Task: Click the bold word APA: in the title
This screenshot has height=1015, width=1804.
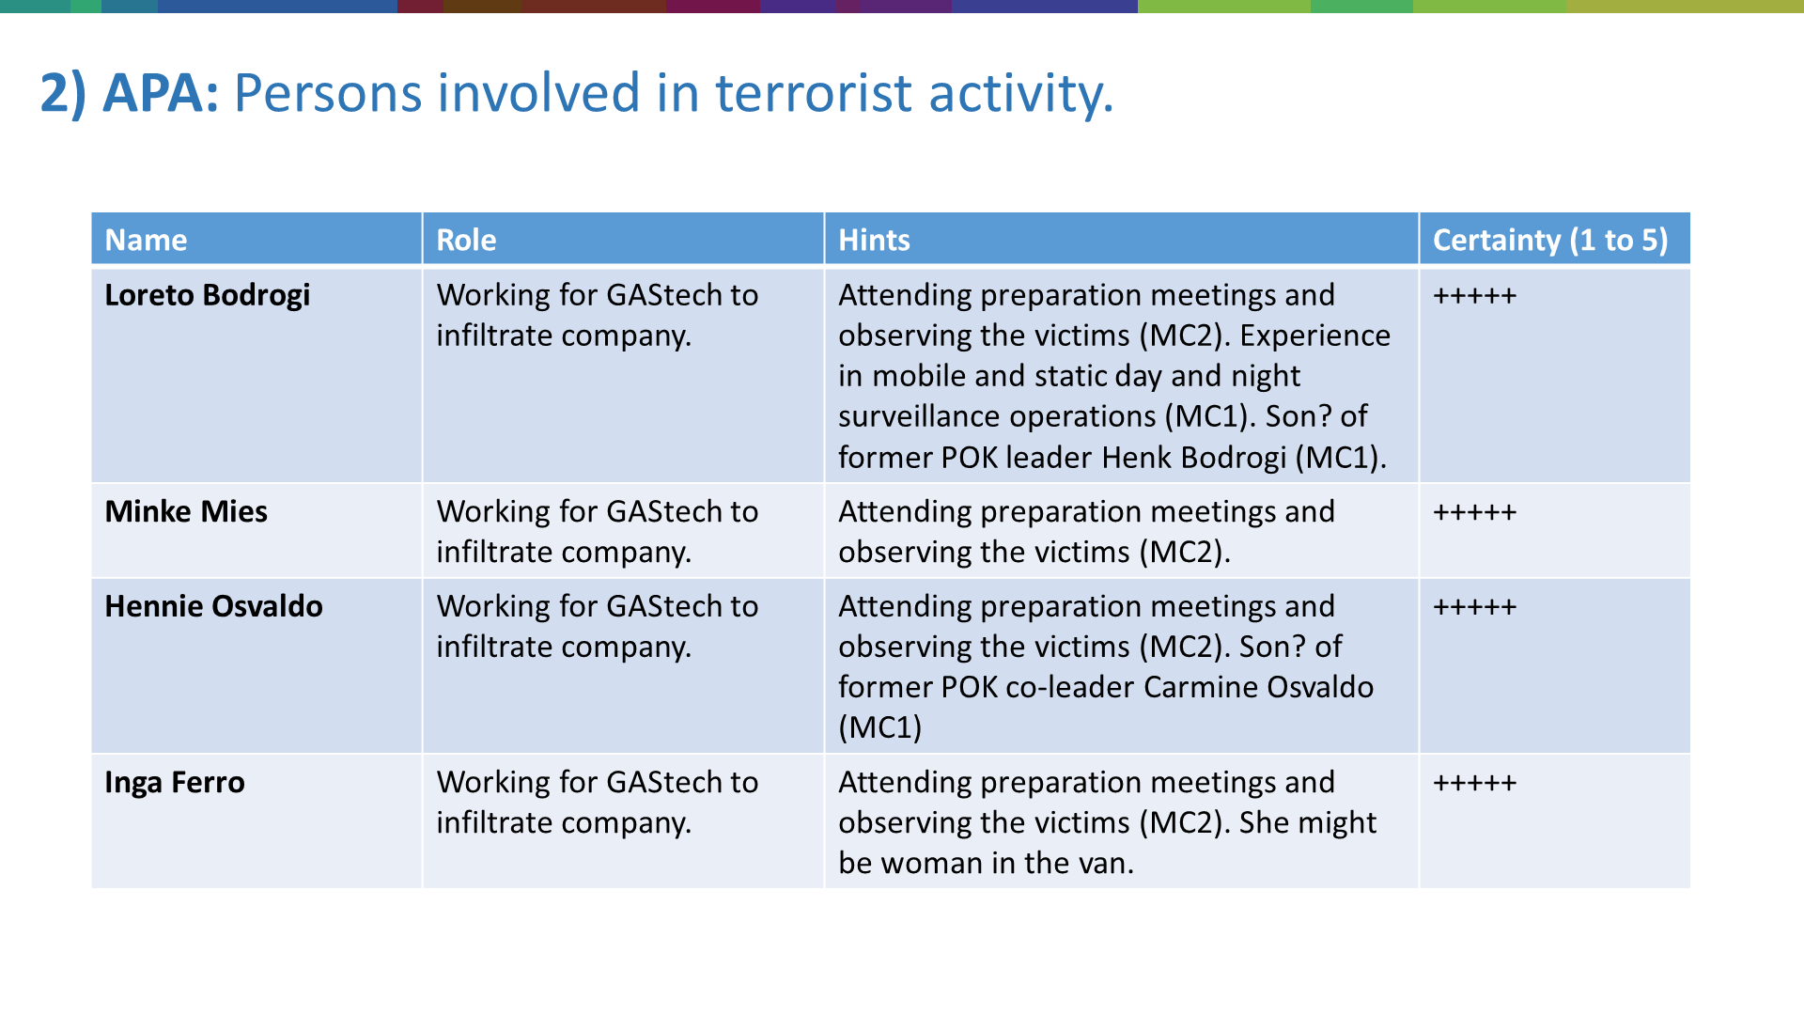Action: [x=161, y=93]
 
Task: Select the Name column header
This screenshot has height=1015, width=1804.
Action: [x=146, y=241]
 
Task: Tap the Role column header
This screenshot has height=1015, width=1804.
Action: [x=466, y=241]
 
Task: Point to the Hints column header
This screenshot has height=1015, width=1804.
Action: [x=874, y=241]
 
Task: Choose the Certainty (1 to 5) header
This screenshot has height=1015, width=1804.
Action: [x=1550, y=241]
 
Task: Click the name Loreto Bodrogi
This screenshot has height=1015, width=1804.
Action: [x=208, y=295]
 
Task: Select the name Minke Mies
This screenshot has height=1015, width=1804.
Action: [x=186, y=511]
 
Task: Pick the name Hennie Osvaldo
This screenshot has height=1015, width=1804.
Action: [x=213, y=606]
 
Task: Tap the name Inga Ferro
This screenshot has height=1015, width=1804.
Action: [x=175, y=783]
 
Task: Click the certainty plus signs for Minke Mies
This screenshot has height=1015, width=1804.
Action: [x=1474, y=512]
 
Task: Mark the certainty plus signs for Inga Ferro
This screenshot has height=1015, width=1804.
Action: [x=1474, y=783]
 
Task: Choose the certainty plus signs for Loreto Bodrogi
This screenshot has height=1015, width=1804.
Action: [x=1474, y=296]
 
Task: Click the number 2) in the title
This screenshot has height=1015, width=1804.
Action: [x=63, y=94]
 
